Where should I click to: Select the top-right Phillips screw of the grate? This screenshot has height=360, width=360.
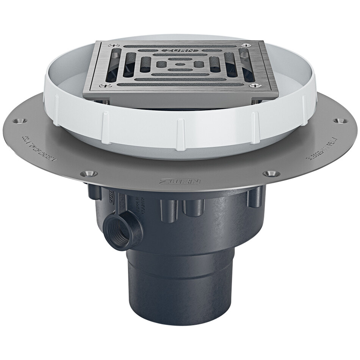(x=248, y=45)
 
